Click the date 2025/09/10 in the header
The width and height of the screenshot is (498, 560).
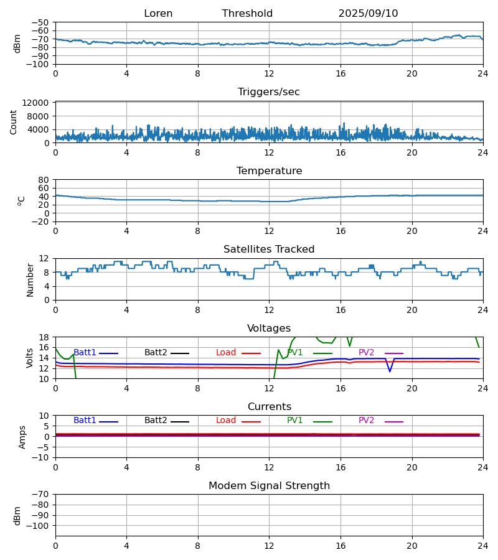tap(368, 14)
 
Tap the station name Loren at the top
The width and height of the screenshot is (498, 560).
tap(158, 14)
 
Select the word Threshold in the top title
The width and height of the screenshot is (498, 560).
tap(247, 14)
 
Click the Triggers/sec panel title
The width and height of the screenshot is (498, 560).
tap(269, 92)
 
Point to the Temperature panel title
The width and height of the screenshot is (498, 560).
tap(269, 171)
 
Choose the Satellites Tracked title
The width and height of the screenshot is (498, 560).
tap(269, 250)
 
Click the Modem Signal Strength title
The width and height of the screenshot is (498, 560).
tap(269, 486)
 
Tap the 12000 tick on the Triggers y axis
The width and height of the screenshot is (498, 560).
tap(39, 103)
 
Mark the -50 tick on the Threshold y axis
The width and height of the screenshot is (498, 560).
tap(42, 22)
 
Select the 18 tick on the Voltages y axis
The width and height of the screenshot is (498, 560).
tap(45, 337)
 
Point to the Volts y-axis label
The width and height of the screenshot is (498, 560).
tap(31, 358)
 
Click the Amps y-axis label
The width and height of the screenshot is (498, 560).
tap(23, 437)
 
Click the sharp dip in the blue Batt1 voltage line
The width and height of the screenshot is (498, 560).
tap(390, 371)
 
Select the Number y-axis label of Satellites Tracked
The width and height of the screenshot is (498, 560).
tap(31, 279)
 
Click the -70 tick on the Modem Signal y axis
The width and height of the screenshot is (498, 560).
tap(42, 495)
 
